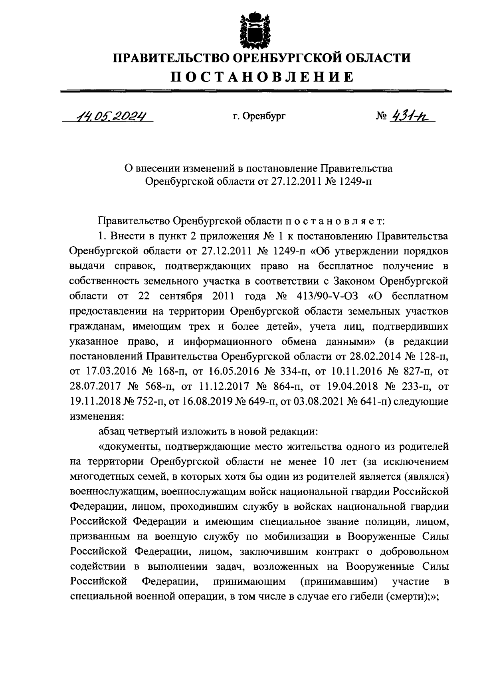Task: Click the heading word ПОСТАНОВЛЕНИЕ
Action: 262,77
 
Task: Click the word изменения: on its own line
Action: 97,416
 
